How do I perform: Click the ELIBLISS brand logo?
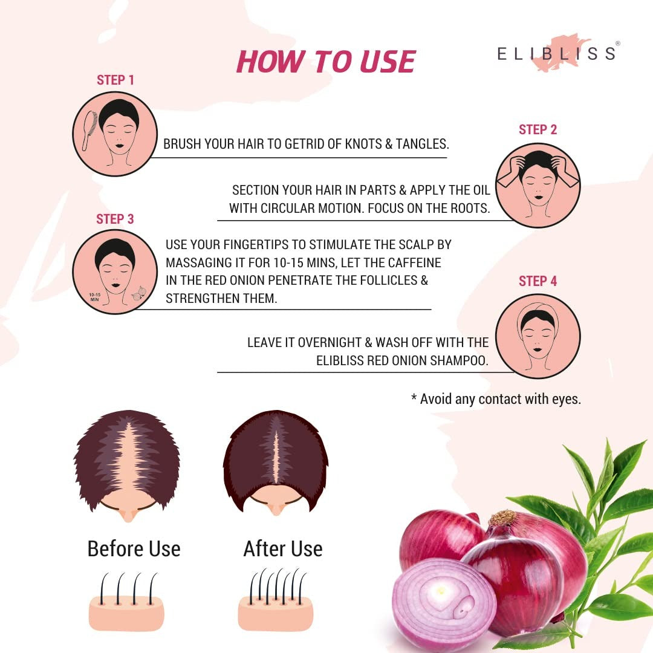click(x=557, y=53)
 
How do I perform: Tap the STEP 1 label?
click(x=115, y=80)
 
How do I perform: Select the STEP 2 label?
click(x=538, y=129)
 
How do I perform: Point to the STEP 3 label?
click(x=115, y=219)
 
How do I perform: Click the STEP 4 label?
click(x=538, y=281)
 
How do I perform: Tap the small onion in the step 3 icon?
click(x=138, y=293)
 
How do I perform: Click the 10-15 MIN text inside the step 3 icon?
click(x=94, y=297)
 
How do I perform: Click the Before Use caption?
click(x=134, y=548)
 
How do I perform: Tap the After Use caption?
click(x=283, y=548)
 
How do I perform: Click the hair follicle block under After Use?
click(x=275, y=600)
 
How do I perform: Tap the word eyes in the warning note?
click(x=567, y=400)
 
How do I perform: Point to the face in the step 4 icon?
click(x=538, y=338)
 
